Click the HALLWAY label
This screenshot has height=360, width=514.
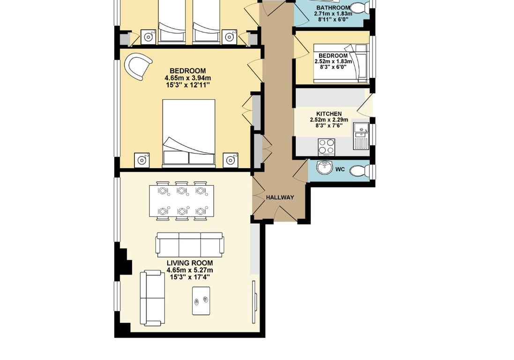pyautogui.click(x=280, y=197)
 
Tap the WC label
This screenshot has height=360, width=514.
pyautogui.click(x=340, y=170)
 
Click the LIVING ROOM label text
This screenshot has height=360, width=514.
pyautogui.click(x=190, y=263)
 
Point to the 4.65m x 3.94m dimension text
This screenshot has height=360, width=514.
pyautogui.click(x=188, y=78)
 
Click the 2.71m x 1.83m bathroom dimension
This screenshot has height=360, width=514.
pyautogui.click(x=333, y=14)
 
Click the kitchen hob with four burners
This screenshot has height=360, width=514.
pyautogui.click(x=327, y=147)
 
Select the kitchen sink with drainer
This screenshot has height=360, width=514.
pyautogui.click(x=361, y=136)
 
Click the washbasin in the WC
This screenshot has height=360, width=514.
pyautogui.click(x=325, y=167)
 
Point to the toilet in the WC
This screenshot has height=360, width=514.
pyautogui.click(x=359, y=171)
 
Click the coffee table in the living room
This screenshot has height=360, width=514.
pyautogui.click(x=201, y=300)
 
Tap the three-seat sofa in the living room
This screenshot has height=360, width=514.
pyautogui.click(x=190, y=245)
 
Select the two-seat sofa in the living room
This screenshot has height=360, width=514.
pyautogui.click(x=152, y=298)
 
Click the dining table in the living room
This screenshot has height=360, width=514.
pyautogui.click(x=182, y=201)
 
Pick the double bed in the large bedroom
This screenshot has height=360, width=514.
pyautogui.click(x=189, y=133)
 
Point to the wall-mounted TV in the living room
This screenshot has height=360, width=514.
pyautogui.click(x=254, y=302)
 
